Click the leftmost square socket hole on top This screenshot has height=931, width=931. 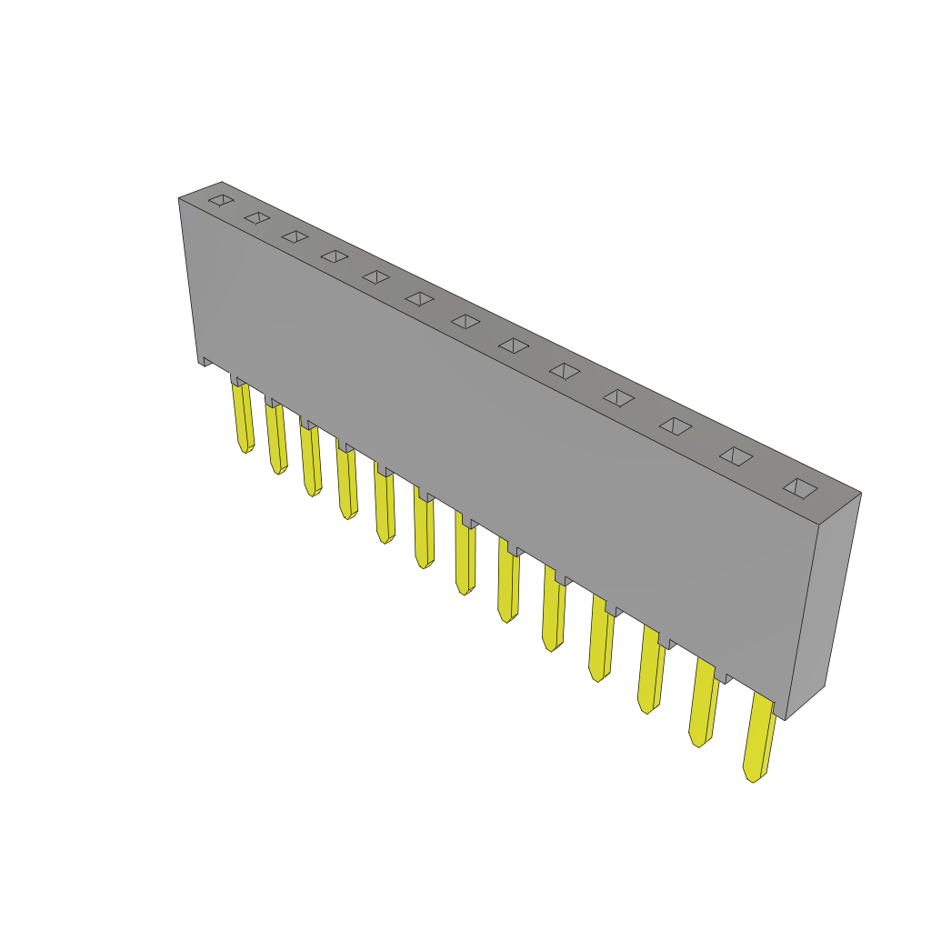tap(221, 200)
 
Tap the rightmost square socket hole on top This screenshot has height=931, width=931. tap(800, 488)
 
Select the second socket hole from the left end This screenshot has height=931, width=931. tap(257, 218)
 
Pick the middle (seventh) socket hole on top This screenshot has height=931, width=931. tap(465, 321)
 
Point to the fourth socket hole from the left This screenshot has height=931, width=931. tap(335, 256)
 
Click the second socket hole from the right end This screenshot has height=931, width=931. tap(736, 456)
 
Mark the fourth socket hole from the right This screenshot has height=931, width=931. tap(618, 397)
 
